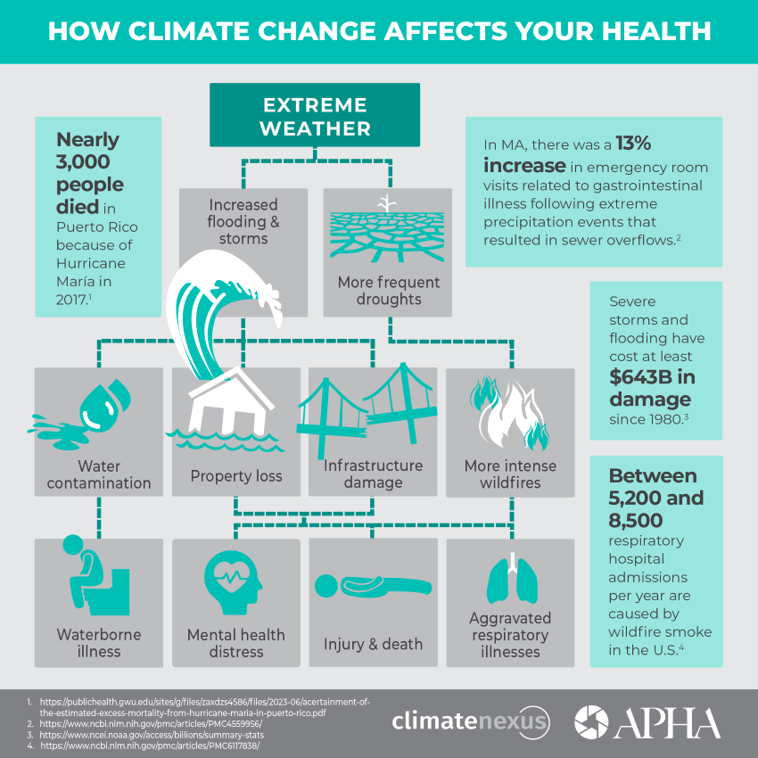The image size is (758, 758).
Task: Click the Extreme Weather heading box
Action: pyautogui.click(x=316, y=116)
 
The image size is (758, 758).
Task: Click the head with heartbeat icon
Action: pyautogui.click(x=235, y=580)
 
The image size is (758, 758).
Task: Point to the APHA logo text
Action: pyautogui.click(x=664, y=721)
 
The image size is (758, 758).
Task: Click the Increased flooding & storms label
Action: pyautogui.click(x=243, y=222)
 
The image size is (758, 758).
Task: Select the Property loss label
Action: pyautogui.click(x=236, y=476)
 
